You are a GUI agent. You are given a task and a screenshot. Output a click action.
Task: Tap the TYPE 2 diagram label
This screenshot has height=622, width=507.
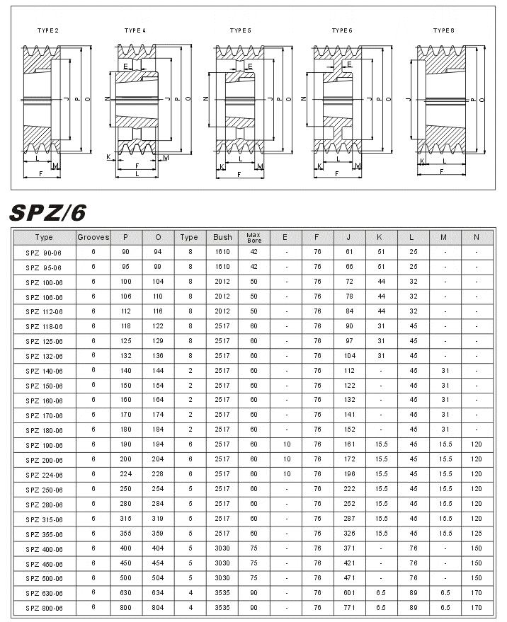[47, 30]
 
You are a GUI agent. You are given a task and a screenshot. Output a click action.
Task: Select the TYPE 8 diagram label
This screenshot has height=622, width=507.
[444, 30]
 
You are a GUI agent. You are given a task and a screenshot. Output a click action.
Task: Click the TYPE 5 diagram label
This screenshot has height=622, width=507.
[240, 30]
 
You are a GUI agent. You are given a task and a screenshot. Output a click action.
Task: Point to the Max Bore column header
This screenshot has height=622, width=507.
[253, 237]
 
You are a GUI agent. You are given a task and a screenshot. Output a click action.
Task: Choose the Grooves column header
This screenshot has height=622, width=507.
[93, 237]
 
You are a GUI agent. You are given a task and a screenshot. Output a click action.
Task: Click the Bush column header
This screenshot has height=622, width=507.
[222, 237]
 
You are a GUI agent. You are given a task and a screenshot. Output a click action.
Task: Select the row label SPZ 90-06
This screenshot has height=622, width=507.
[44, 253]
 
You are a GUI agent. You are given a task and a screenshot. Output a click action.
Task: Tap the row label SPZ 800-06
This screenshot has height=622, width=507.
[44, 608]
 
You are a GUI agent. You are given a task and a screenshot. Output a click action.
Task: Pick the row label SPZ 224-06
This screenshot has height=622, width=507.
[44, 475]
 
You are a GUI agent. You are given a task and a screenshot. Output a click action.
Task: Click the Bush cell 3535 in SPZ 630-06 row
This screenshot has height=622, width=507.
[222, 593]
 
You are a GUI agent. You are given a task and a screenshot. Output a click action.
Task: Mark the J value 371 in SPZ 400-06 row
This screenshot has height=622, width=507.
[349, 548]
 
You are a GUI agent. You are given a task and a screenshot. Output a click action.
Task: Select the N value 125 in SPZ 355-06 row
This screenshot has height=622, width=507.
[477, 534]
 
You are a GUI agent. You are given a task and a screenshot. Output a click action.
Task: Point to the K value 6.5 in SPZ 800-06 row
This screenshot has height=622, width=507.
[381, 608]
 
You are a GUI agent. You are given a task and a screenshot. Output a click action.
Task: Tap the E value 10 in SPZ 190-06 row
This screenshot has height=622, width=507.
[286, 445]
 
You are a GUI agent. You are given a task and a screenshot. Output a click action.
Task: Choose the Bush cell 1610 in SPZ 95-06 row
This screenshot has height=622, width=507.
[222, 267]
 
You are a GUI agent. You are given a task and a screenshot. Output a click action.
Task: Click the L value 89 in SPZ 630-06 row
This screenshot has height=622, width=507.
[413, 593]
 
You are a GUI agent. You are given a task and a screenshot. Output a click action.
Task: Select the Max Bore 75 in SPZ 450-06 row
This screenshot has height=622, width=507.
[253, 563]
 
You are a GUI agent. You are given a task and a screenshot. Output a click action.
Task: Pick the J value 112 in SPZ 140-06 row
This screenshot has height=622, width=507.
[349, 371]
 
